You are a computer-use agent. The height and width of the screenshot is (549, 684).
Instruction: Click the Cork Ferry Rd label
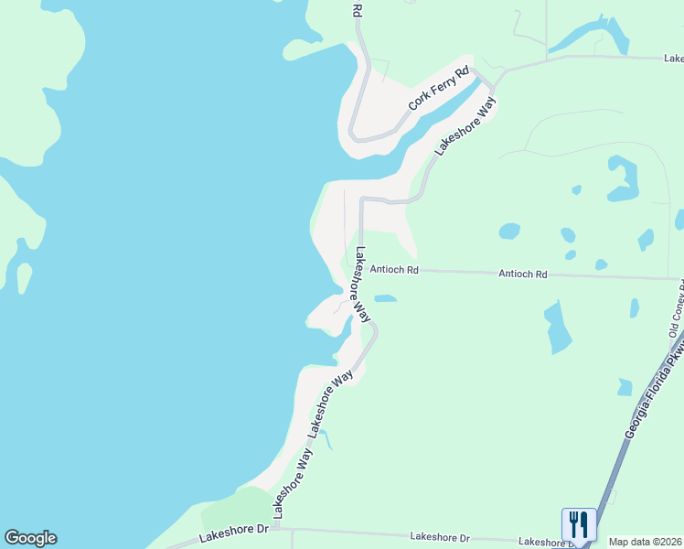pos(439,89)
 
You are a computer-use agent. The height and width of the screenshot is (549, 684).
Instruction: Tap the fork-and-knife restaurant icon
pos(579,524)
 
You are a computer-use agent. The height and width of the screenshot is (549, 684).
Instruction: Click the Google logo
pos(30,538)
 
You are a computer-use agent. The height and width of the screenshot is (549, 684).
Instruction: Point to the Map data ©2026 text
pos(645,542)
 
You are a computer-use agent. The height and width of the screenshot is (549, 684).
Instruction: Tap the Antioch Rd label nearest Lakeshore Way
pos(394,270)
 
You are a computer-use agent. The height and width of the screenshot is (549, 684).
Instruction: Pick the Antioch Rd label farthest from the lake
pos(522,274)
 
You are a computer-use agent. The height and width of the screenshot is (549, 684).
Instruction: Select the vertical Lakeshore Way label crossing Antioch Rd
pos(362,285)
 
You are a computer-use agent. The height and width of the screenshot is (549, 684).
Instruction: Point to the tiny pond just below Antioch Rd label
pos(385,297)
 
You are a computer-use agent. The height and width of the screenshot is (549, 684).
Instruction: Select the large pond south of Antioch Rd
pos(557,328)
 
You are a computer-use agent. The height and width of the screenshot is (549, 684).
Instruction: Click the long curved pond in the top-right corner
pos(590,37)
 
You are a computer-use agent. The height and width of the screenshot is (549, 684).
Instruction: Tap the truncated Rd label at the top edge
pos(358,9)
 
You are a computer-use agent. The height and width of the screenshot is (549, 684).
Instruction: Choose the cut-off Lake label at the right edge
pos(673,58)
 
